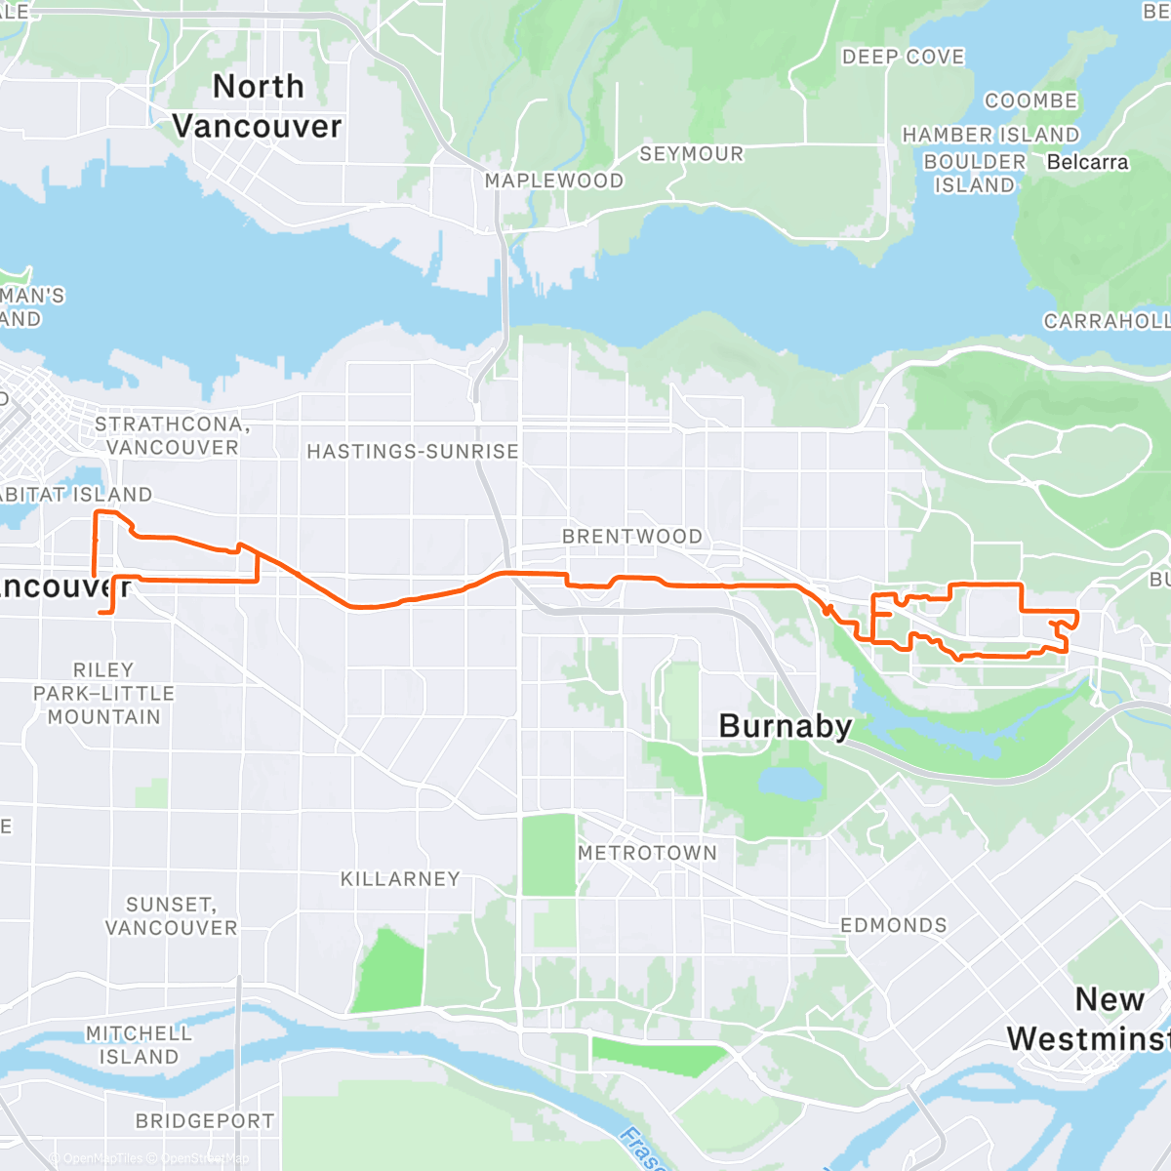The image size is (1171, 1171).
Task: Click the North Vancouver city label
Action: (x=258, y=106)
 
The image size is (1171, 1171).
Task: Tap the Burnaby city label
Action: (x=786, y=726)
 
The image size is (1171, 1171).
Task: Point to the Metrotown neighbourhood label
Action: (x=647, y=853)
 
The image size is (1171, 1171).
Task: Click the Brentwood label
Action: (x=631, y=537)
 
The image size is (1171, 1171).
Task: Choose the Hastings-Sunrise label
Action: (x=413, y=452)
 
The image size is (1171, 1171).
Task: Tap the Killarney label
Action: (x=400, y=879)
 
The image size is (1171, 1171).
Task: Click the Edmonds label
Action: (x=894, y=925)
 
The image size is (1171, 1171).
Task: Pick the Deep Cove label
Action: (x=904, y=58)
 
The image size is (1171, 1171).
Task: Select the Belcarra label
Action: (x=1087, y=162)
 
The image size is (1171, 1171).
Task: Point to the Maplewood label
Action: (x=554, y=181)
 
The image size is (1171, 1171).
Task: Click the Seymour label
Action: (x=692, y=154)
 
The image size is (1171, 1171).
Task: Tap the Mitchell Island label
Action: (x=139, y=1045)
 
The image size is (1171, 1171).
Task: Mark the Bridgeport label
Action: (x=205, y=1121)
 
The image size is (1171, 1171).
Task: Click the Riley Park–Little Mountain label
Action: (x=103, y=693)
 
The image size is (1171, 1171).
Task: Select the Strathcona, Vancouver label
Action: (x=172, y=436)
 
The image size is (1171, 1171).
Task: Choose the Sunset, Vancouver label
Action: (x=172, y=916)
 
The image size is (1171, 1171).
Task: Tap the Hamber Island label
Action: (x=990, y=135)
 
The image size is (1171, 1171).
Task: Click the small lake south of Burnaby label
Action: (x=789, y=782)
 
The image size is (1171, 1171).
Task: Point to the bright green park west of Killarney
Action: (x=389, y=971)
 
